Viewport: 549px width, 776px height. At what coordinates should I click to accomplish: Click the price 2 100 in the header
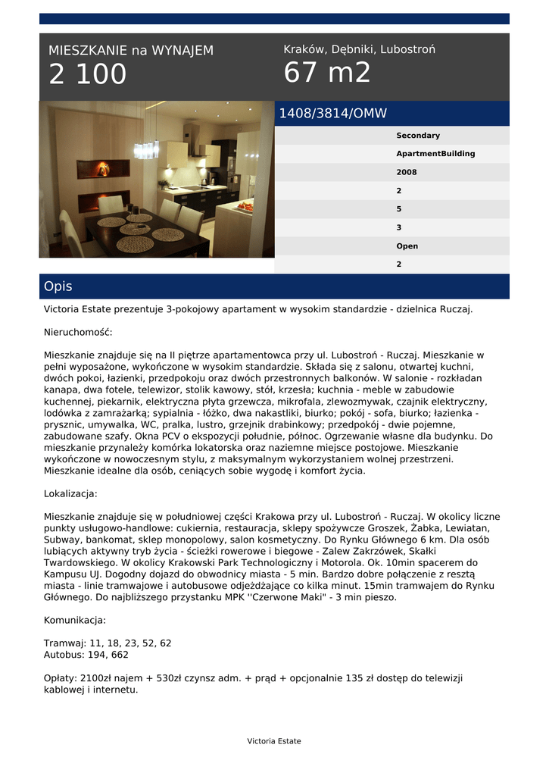(88, 75)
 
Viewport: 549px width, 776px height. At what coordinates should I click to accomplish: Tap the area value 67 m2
(327, 73)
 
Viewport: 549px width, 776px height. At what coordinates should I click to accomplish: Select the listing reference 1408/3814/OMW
(333, 114)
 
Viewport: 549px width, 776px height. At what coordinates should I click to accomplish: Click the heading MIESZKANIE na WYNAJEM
(131, 51)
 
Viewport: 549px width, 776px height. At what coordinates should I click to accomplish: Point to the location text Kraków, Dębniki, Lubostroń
(359, 49)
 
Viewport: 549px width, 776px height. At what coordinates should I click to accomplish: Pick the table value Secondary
(417, 136)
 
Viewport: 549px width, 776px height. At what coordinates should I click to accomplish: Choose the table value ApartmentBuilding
(435, 154)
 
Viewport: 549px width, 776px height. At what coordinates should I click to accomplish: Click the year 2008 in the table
(406, 173)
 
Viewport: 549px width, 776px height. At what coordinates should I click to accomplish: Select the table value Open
(407, 246)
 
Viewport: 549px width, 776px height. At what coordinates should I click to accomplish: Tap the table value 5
(399, 209)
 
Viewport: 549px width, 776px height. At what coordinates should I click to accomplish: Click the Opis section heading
(58, 286)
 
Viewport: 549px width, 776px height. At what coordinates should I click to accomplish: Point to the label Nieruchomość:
(78, 332)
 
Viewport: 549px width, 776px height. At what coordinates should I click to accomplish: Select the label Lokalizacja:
(70, 493)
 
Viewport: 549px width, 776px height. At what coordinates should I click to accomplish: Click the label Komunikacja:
(75, 620)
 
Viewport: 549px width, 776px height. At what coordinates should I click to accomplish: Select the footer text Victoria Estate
(274, 741)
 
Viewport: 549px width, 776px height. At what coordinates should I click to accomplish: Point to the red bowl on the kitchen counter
(245, 205)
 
